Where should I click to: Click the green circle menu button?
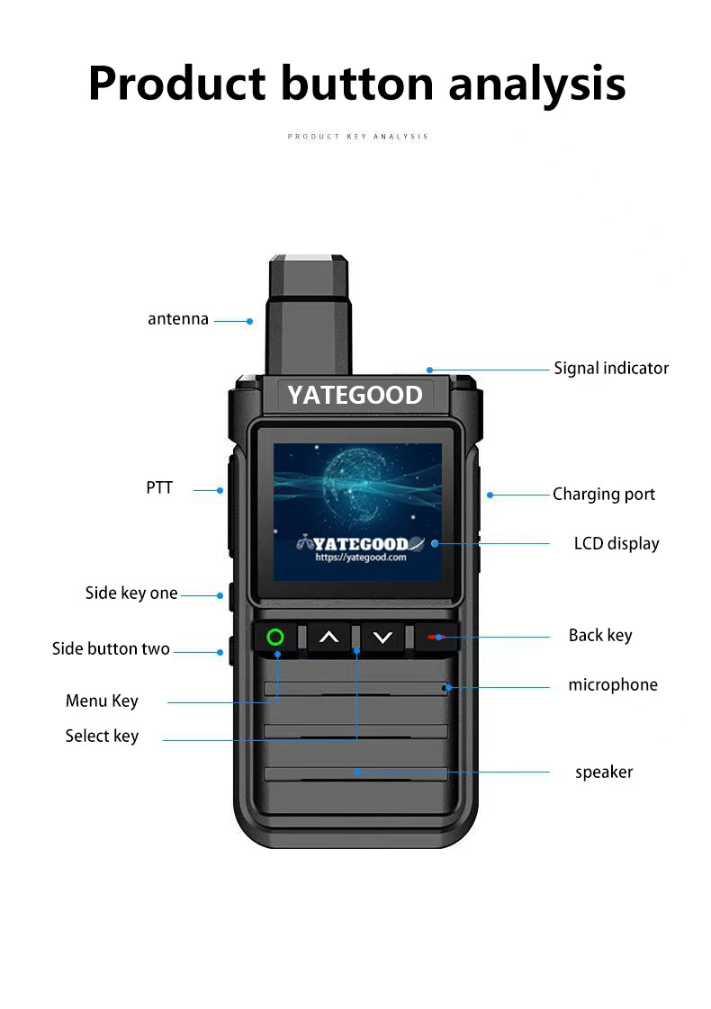[x=275, y=637]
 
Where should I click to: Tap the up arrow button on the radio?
[x=329, y=637]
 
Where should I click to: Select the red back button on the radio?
[x=436, y=637]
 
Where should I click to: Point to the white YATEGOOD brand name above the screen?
[x=355, y=395]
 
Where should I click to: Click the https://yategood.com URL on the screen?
[x=361, y=558]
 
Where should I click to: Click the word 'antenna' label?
[x=178, y=319]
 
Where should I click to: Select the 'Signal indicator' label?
[x=611, y=368]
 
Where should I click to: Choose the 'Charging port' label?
[x=603, y=495]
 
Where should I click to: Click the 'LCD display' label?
[x=616, y=544]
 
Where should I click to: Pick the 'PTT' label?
[x=159, y=487]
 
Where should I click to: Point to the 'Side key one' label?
[x=131, y=593]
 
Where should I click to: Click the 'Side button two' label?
[x=111, y=648]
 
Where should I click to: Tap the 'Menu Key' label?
[x=102, y=701]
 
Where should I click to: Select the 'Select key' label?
[x=102, y=736]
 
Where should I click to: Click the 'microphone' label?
[x=613, y=684]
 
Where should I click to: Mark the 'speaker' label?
[x=604, y=772]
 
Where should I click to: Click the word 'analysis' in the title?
[x=537, y=84]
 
